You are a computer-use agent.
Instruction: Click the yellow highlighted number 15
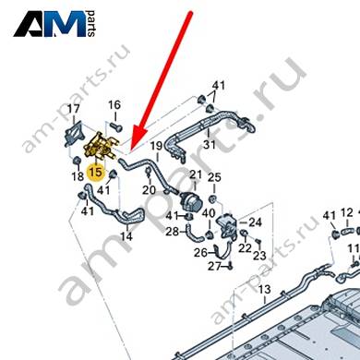(x=95, y=172)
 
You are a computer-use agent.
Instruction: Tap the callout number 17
(x=74, y=109)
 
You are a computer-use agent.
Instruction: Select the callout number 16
(x=114, y=105)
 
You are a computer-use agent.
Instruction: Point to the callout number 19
(x=156, y=146)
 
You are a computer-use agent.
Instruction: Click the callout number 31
(x=210, y=144)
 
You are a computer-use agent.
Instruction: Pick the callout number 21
(x=196, y=174)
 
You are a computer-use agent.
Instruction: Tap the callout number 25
(x=214, y=177)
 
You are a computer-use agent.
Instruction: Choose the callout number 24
(x=255, y=222)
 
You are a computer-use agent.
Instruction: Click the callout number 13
(x=264, y=289)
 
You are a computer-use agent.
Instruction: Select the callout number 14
(x=126, y=236)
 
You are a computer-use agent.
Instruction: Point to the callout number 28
(x=173, y=232)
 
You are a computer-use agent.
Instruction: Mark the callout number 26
(x=200, y=253)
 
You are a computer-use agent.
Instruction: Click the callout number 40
(x=209, y=213)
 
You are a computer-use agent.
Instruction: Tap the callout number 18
(x=78, y=176)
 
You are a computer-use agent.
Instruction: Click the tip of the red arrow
(x=131, y=151)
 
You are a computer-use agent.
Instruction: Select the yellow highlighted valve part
(x=101, y=147)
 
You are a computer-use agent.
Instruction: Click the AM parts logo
(x=54, y=24)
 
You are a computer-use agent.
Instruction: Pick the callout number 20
(x=149, y=190)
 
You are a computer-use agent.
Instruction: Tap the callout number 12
(x=347, y=212)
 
